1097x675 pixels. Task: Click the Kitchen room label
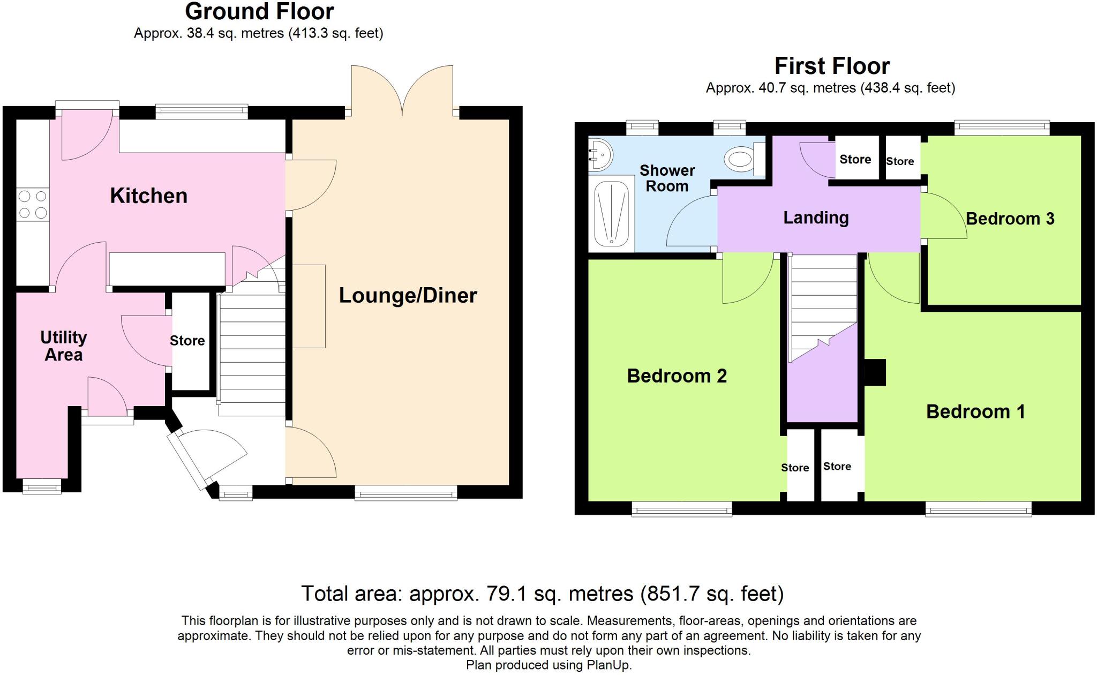pyautogui.click(x=148, y=196)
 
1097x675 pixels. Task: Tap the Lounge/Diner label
pyautogui.click(x=408, y=296)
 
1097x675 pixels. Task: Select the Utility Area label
pyautogui.click(x=63, y=346)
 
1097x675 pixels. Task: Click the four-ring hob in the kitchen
pyautogui.click(x=33, y=205)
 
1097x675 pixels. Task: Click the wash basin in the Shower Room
pyautogui.click(x=600, y=154)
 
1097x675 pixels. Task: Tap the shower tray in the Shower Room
pyautogui.click(x=611, y=214)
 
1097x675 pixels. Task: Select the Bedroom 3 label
pyautogui.click(x=1010, y=219)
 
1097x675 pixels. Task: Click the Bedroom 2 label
pyautogui.click(x=677, y=376)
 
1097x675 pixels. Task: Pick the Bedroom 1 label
pyautogui.click(x=975, y=412)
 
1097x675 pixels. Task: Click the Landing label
pyautogui.click(x=816, y=218)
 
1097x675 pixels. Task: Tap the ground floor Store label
pyautogui.click(x=187, y=341)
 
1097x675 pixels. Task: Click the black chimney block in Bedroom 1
pyautogui.click(x=875, y=372)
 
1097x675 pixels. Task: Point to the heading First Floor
pyautogui.click(x=832, y=66)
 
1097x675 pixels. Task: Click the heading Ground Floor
pyautogui.click(x=259, y=12)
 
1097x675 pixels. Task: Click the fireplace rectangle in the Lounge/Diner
pyautogui.click(x=309, y=306)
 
